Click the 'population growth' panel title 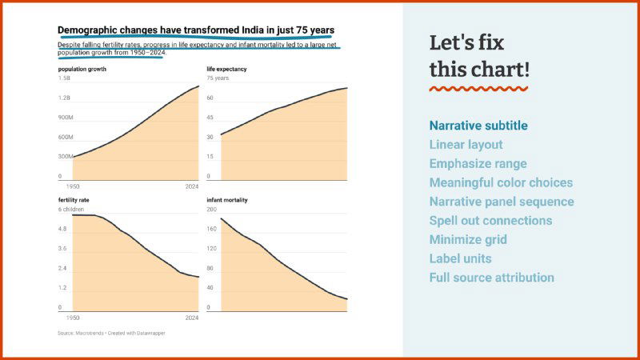click(x=82, y=69)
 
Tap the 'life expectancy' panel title click(x=226, y=69)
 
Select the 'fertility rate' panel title click(x=75, y=199)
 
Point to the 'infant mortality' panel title click(x=227, y=199)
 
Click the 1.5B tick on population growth click(x=65, y=78)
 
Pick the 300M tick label click(x=66, y=157)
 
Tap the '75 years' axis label click(x=218, y=78)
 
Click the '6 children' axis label click(x=70, y=210)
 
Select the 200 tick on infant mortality click(x=213, y=210)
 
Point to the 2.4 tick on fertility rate click(x=63, y=268)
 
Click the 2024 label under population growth click(x=192, y=186)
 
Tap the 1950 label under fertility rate click(x=72, y=318)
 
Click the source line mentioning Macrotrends click(x=111, y=333)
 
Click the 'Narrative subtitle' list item click(x=478, y=126)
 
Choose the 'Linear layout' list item click(x=466, y=145)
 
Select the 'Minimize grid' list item click(x=468, y=239)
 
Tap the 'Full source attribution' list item click(x=491, y=278)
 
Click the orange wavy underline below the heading click(x=478, y=89)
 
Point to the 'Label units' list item click(x=460, y=258)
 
